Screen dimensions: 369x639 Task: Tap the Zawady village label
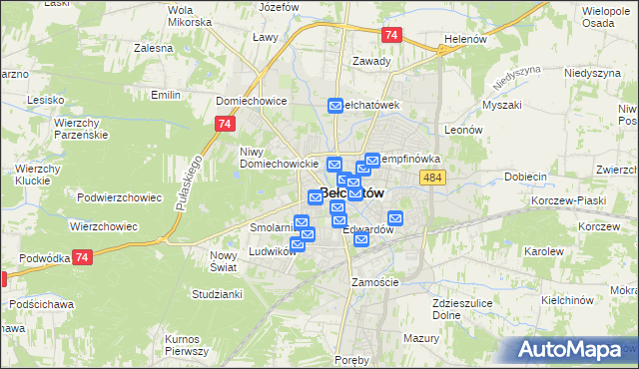[x=371, y=60]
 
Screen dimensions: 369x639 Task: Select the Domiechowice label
[x=252, y=101]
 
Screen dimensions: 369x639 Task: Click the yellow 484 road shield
[x=432, y=177]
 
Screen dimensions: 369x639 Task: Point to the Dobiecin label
[x=524, y=177]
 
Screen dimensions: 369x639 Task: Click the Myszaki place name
[x=501, y=105]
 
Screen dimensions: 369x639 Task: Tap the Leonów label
[x=463, y=130]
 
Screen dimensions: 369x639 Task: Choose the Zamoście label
[x=375, y=282]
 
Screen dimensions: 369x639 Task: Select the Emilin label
[x=165, y=95]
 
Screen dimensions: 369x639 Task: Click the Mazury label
[x=423, y=338]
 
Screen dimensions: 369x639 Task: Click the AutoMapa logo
[x=575, y=349]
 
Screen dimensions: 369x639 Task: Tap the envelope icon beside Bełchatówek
[x=335, y=105]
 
